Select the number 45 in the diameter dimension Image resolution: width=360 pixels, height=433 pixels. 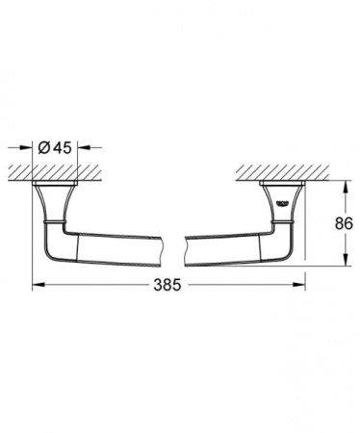pos(62,147)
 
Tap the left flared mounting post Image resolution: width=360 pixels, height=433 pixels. pos(57,204)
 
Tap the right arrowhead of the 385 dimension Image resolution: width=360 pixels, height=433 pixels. pos(302,286)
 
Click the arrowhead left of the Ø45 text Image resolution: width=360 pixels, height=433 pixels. pos(31,147)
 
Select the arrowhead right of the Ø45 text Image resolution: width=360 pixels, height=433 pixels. pos(83,147)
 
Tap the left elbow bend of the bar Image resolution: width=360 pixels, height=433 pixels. pos(60,244)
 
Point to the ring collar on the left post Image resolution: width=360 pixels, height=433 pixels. pos(57,224)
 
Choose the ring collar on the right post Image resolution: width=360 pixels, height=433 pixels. pos(284,224)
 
